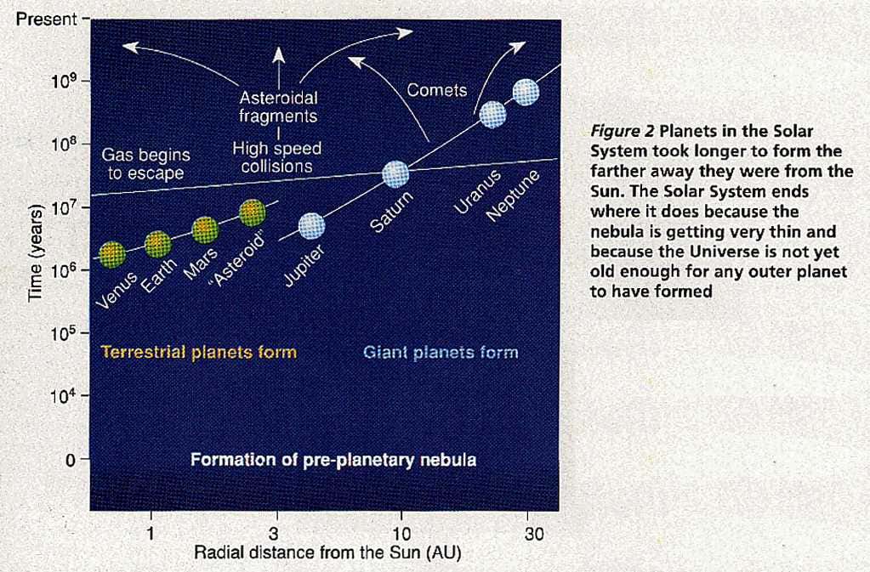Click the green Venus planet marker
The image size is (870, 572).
[x=111, y=252]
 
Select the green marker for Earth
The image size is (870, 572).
[x=157, y=244]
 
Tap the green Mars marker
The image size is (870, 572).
[x=205, y=229]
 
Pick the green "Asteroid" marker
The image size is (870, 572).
[x=253, y=212]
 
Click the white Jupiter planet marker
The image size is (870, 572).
[x=311, y=225]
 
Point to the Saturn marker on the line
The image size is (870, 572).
[x=395, y=174]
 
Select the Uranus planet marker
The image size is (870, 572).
[x=492, y=114]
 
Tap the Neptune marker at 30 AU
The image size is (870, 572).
[x=526, y=92]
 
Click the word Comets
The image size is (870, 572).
[x=437, y=90]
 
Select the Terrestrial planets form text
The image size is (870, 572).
[x=198, y=352]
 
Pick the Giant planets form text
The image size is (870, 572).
[x=441, y=352]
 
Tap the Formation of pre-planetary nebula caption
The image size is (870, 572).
[x=333, y=460]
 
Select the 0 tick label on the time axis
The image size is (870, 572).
[x=72, y=460]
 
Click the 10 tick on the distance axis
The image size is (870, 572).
[x=399, y=535]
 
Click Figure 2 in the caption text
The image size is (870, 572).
[x=622, y=132]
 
